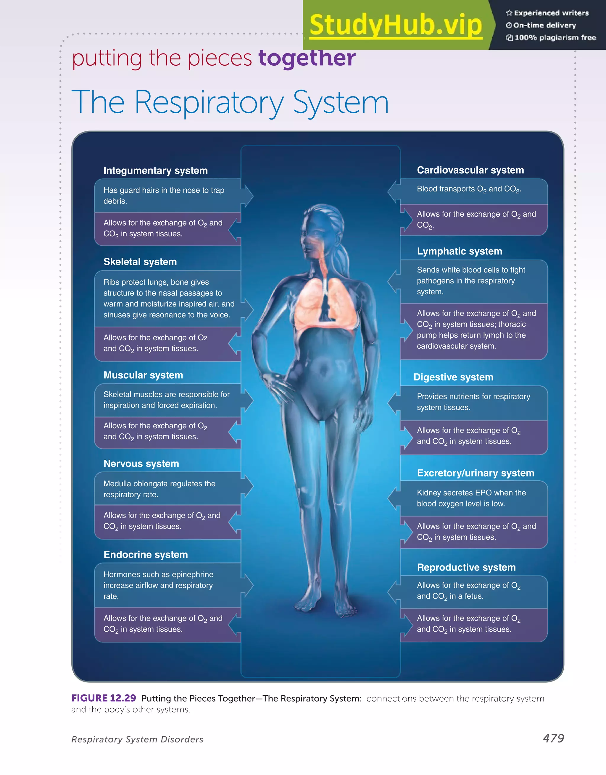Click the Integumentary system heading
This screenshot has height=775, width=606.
(x=155, y=171)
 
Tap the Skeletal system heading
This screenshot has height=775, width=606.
(x=140, y=262)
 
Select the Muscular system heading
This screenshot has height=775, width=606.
(x=143, y=375)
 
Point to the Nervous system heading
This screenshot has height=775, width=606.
(x=141, y=464)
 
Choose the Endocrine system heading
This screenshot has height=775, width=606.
(x=146, y=555)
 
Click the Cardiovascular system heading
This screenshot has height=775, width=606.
(x=470, y=170)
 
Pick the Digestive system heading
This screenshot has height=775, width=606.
(x=453, y=377)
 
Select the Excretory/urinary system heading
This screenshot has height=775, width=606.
(x=475, y=473)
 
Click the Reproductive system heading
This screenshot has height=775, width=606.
(x=466, y=567)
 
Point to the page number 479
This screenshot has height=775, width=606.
(x=553, y=738)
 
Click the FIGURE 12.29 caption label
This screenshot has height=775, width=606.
(x=104, y=698)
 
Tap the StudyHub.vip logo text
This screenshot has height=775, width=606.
(x=396, y=25)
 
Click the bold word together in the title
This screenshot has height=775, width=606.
(x=307, y=58)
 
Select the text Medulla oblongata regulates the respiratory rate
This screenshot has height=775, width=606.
(x=159, y=489)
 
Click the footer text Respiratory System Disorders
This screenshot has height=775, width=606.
(x=137, y=740)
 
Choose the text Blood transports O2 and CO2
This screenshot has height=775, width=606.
(x=469, y=190)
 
